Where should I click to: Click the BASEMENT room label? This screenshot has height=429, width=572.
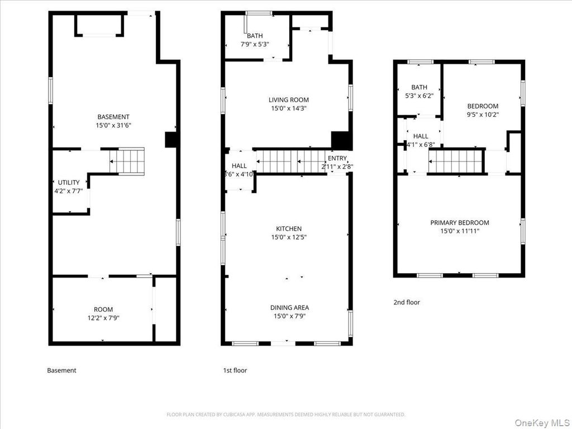point(113,117)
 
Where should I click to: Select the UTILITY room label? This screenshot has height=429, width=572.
point(69,183)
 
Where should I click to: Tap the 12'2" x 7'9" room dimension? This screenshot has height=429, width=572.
point(103,318)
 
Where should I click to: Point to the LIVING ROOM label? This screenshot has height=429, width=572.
point(288,100)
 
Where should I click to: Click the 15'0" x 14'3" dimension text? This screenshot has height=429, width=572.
point(288,108)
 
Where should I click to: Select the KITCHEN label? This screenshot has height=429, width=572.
point(289,228)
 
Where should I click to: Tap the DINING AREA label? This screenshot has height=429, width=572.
point(289,307)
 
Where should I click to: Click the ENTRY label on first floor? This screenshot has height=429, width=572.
point(337,158)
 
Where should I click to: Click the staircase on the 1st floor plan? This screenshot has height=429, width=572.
point(290,161)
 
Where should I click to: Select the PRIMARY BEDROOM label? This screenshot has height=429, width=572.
point(459,222)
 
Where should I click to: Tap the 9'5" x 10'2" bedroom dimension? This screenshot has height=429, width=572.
point(483,115)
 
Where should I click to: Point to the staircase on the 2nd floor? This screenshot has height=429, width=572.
point(455,161)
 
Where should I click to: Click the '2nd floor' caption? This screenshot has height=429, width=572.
point(406,302)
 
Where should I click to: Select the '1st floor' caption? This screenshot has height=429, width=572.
point(235,370)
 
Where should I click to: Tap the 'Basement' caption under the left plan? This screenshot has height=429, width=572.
point(61,370)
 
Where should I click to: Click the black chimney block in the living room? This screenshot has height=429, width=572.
point(340,140)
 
